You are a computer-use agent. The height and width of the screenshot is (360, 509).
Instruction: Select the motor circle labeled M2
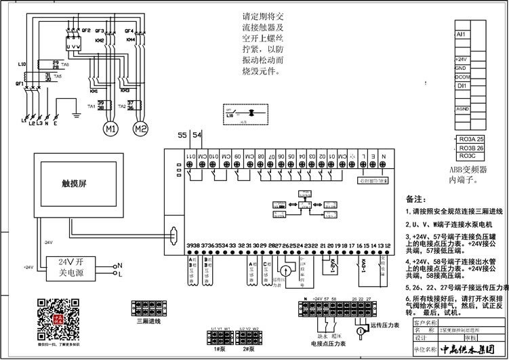(140, 128)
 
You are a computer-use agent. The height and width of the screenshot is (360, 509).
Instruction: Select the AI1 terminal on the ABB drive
(461, 33)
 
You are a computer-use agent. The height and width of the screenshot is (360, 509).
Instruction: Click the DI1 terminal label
(462, 86)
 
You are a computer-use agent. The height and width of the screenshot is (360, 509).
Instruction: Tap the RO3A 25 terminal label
(472, 138)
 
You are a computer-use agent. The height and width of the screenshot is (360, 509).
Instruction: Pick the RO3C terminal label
(467, 155)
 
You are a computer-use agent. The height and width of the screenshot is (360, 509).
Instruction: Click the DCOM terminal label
(463, 77)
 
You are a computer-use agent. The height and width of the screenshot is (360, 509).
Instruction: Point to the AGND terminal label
(463, 108)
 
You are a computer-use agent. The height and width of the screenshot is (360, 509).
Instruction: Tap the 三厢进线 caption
(148, 322)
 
